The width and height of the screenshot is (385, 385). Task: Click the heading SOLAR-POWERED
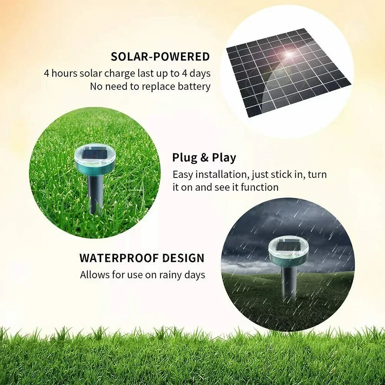click(160, 57)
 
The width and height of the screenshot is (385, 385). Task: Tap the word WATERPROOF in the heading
click(119, 258)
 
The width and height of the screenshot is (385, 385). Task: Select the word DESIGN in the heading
click(183, 258)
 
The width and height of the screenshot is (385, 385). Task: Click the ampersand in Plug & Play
click(204, 157)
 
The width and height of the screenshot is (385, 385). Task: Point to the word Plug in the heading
click(185, 158)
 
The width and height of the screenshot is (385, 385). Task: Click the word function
click(259, 187)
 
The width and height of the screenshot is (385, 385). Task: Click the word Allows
click(95, 275)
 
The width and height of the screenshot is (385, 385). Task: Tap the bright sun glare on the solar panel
click(288, 53)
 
